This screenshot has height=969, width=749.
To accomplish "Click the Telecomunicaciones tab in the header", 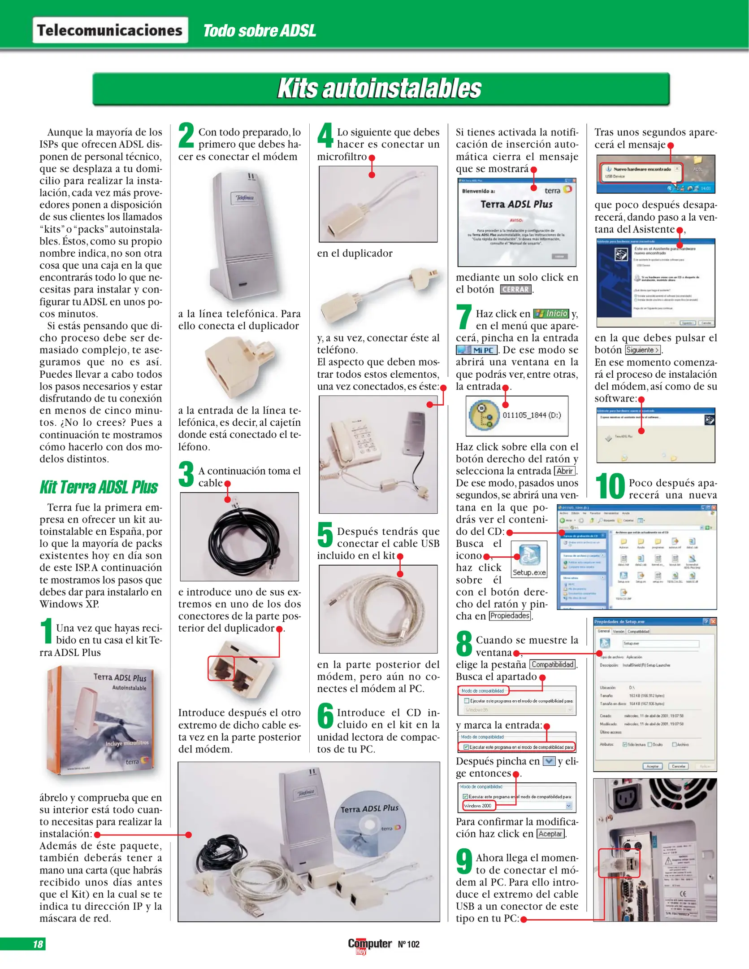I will [110, 30].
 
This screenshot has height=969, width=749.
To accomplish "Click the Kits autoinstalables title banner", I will [380, 88].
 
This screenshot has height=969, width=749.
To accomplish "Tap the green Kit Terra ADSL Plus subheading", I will [99, 487].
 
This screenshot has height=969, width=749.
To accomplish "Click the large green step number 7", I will [464, 317].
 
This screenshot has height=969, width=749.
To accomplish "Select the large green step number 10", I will [610, 487].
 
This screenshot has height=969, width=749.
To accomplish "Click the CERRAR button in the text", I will [515, 290].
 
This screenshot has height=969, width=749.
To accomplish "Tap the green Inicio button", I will [551, 314].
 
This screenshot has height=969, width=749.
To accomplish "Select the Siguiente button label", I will [643, 350].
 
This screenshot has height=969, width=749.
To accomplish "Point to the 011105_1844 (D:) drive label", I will [532, 415].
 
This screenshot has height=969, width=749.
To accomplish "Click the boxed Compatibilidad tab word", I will [552, 665].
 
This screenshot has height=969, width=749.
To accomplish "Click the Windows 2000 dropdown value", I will [478, 806].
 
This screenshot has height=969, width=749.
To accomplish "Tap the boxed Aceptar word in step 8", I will [550, 834].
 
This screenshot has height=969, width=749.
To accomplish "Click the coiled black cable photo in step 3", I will [239, 537].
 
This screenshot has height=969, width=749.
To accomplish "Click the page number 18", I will [38, 944].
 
